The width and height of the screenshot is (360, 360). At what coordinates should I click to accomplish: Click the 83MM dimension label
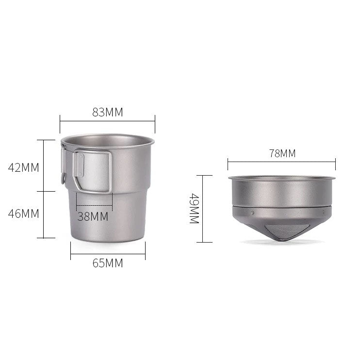[107, 112]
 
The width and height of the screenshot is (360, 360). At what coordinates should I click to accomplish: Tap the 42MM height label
[23, 167]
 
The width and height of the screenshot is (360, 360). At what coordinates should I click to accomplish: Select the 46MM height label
[23, 213]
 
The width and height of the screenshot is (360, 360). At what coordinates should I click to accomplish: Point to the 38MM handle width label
[93, 216]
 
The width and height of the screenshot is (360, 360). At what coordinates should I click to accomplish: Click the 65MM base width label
[107, 263]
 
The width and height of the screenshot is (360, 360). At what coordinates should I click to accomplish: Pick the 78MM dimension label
[282, 154]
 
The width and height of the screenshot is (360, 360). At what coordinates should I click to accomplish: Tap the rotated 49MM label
[194, 209]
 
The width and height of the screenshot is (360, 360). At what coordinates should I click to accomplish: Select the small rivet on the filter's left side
[252, 213]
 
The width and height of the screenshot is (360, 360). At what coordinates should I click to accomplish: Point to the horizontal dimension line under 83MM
[107, 121]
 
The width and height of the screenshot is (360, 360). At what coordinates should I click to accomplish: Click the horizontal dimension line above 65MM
[107, 254]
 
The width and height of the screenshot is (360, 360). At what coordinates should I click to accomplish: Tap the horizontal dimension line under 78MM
[282, 162]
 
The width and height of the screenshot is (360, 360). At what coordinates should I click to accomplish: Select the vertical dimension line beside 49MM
[204, 209]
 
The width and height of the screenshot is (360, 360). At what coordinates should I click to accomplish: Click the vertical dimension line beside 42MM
[44, 165]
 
